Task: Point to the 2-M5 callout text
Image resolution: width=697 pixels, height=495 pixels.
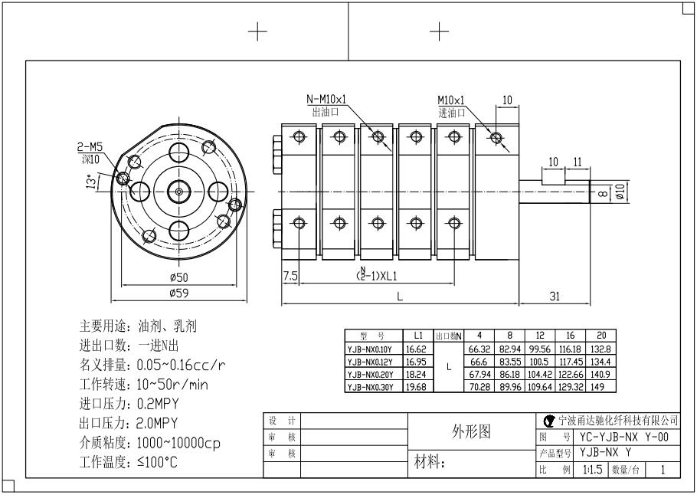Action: (x=90, y=146)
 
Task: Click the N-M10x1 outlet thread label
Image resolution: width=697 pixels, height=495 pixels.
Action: (x=327, y=100)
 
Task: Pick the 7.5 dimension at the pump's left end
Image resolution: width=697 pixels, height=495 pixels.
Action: (x=290, y=275)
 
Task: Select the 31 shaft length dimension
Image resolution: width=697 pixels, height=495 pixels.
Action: (x=557, y=296)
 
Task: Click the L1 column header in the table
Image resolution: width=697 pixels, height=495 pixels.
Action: (x=418, y=336)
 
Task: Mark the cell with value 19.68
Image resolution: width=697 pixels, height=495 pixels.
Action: (x=418, y=387)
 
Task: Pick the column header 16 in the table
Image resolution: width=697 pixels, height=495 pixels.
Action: (x=569, y=336)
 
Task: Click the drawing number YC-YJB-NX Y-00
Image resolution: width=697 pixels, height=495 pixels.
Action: (x=624, y=437)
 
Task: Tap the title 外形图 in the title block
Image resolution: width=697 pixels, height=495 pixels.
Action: (x=473, y=431)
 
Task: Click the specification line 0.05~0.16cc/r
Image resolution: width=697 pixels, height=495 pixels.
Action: (x=182, y=364)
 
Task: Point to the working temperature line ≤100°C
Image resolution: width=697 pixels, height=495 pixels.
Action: (x=157, y=462)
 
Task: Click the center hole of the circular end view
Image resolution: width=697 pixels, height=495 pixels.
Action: (x=178, y=191)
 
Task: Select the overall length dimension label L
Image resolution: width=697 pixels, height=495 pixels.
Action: (x=399, y=297)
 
